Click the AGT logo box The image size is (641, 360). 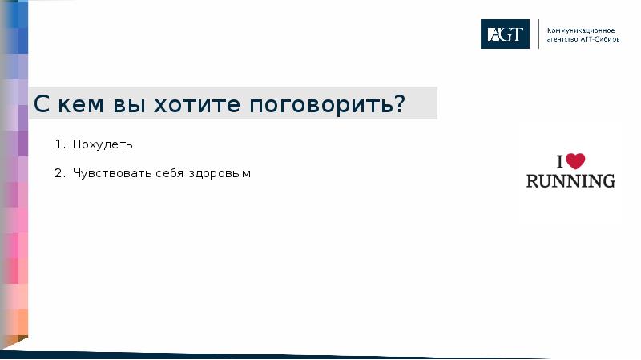[x=505, y=34]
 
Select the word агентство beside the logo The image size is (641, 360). [x=562, y=38]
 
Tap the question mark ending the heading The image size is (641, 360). [x=398, y=103]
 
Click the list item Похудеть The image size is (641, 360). [x=102, y=145]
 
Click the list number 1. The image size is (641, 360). [x=58, y=145]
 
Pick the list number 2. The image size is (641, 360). [x=58, y=173]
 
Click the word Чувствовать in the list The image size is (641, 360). [x=108, y=173]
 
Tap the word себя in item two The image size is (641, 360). [x=165, y=173]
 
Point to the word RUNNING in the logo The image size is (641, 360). [x=570, y=180]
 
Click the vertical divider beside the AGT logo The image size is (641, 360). [x=538, y=34]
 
